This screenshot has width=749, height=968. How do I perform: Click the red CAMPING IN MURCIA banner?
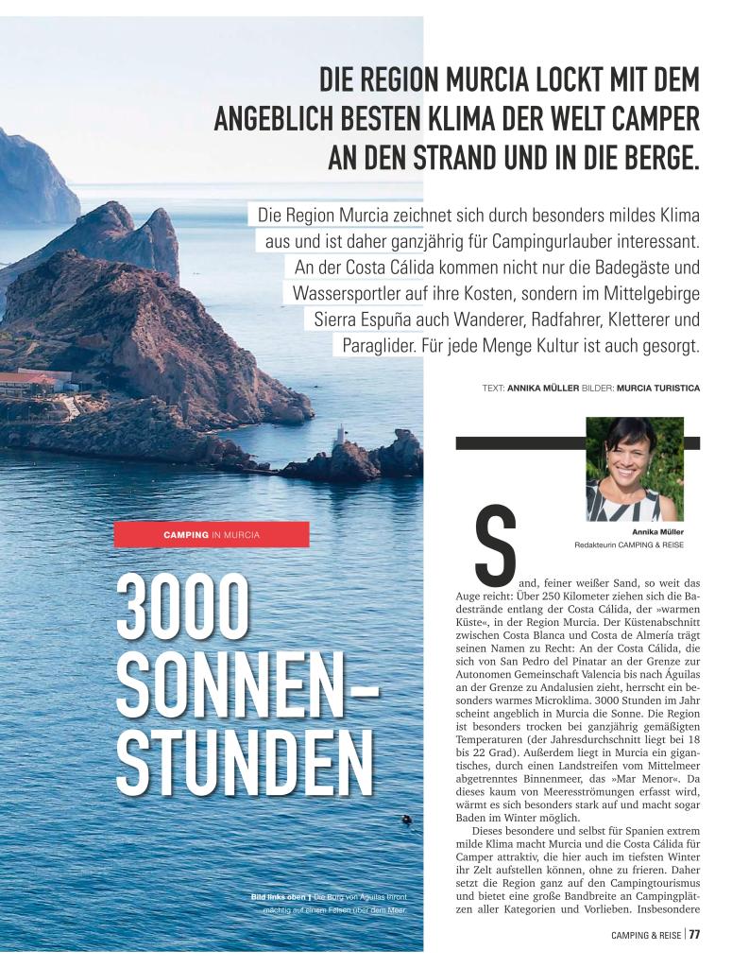coord(212,534)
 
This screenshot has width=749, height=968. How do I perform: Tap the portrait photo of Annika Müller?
coord(634,469)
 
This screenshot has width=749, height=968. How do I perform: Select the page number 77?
coord(693,935)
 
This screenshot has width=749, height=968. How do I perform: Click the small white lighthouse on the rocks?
coord(343,434)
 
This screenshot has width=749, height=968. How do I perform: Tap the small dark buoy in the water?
coord(406,819)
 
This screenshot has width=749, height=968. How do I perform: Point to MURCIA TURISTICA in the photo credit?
coord(657,388)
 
